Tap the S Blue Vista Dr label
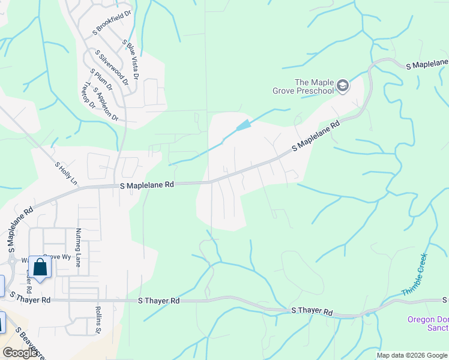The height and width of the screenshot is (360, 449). (131, 60)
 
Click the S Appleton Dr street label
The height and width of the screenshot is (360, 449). (106, 103)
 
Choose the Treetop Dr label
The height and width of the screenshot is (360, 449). (88, 95)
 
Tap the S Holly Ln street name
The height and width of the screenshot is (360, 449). (67, 173)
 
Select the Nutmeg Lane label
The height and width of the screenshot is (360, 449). (78, 247)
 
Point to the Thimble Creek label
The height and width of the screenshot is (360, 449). (414, 275)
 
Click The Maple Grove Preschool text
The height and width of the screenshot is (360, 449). (313, 86)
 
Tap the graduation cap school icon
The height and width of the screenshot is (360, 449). (343, 86)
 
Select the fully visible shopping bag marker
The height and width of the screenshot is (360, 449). (40, 266)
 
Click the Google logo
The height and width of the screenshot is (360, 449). (20, 353)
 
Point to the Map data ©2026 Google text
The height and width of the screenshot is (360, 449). (411, 355)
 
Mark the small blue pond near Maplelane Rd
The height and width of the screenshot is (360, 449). (243, 125)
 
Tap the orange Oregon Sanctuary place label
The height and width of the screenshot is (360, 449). (427, 323)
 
